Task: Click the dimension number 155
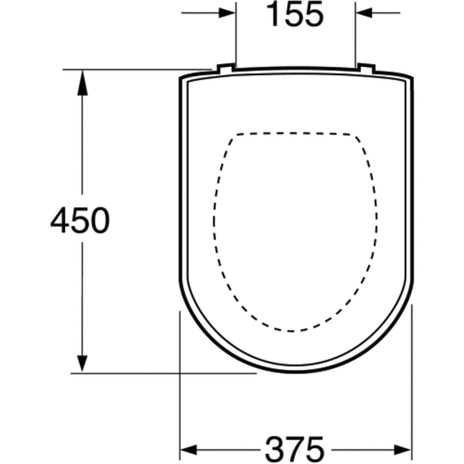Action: [295, 15]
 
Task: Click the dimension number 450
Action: [80, 220]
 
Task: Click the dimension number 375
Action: [295, 449]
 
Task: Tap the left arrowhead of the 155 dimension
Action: [227, 13]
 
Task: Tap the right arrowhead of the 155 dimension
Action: [365, 13]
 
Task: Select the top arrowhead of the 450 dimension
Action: [82, 83]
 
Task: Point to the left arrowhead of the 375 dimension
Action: [189, 450]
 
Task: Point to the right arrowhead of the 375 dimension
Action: [403, 450]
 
